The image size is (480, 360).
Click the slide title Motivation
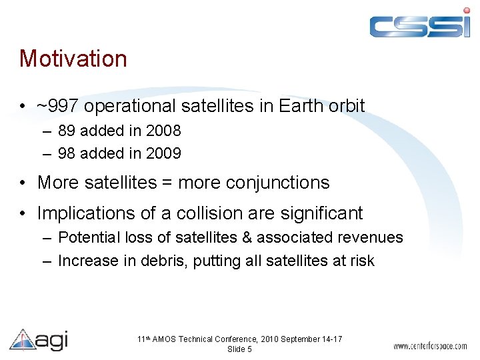pos(73,59)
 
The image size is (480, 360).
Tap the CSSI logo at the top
pos(419,24)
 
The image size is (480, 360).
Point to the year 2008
pos(164,131)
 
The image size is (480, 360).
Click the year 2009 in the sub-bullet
pos(164,153)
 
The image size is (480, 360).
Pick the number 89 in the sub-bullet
pos(67,131)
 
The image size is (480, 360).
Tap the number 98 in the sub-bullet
pos(67,153)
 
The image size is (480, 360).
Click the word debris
pos(163,261)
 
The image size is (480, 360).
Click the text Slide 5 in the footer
pos(239,349)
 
